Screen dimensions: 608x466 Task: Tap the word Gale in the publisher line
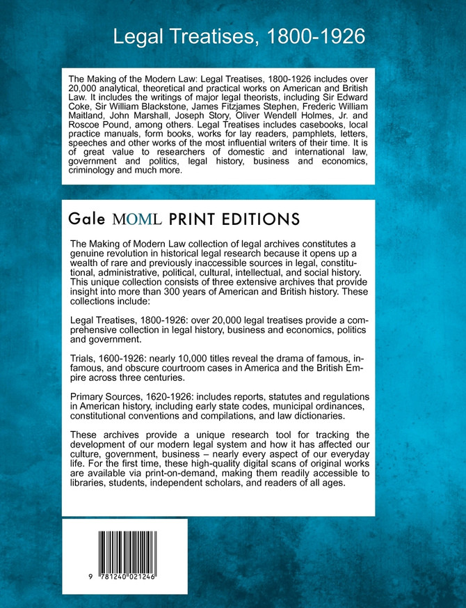[x=87, y=219]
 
